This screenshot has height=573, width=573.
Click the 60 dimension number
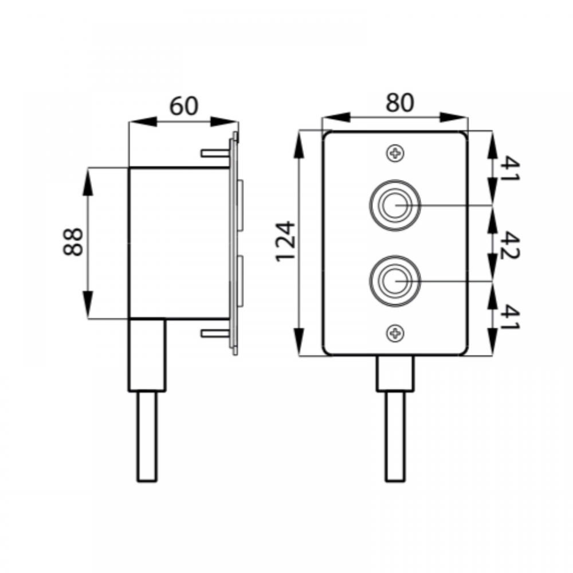click(x=184, y=105)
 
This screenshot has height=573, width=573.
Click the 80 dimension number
click(x=400, y=103)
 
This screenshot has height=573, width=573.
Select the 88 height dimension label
click(x=73, y=242)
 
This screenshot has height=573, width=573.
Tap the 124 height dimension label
click(x=285, y=241)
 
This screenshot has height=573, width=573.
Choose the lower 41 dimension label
click(x=509, y=317)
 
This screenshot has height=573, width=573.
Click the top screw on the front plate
click(x=395, y=153)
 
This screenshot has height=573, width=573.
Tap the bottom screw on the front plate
click(x=395, y=333)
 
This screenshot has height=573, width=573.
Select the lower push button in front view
click(x=395, y=281)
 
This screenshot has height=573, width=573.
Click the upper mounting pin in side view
click(x=215, y=153)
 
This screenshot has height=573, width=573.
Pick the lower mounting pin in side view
click(x=215, y=333)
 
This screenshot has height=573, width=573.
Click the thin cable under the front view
click(x=395, y=437)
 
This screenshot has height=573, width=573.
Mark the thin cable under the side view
click(x=147, y=437)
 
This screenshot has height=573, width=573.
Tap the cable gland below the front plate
click(x=395, y=374)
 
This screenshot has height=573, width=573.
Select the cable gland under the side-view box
click(x=147, y=355)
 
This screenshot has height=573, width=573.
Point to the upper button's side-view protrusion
click(x=240, y=205)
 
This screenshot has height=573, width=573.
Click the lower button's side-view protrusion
click(x=240, y=281)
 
